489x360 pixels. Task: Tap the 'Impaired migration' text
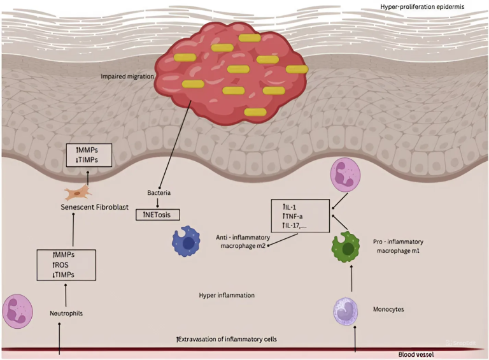point(127,76)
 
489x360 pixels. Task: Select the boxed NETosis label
point(158,214)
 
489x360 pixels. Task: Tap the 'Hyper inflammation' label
point(226,296)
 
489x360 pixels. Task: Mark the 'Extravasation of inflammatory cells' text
point(227,338)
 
